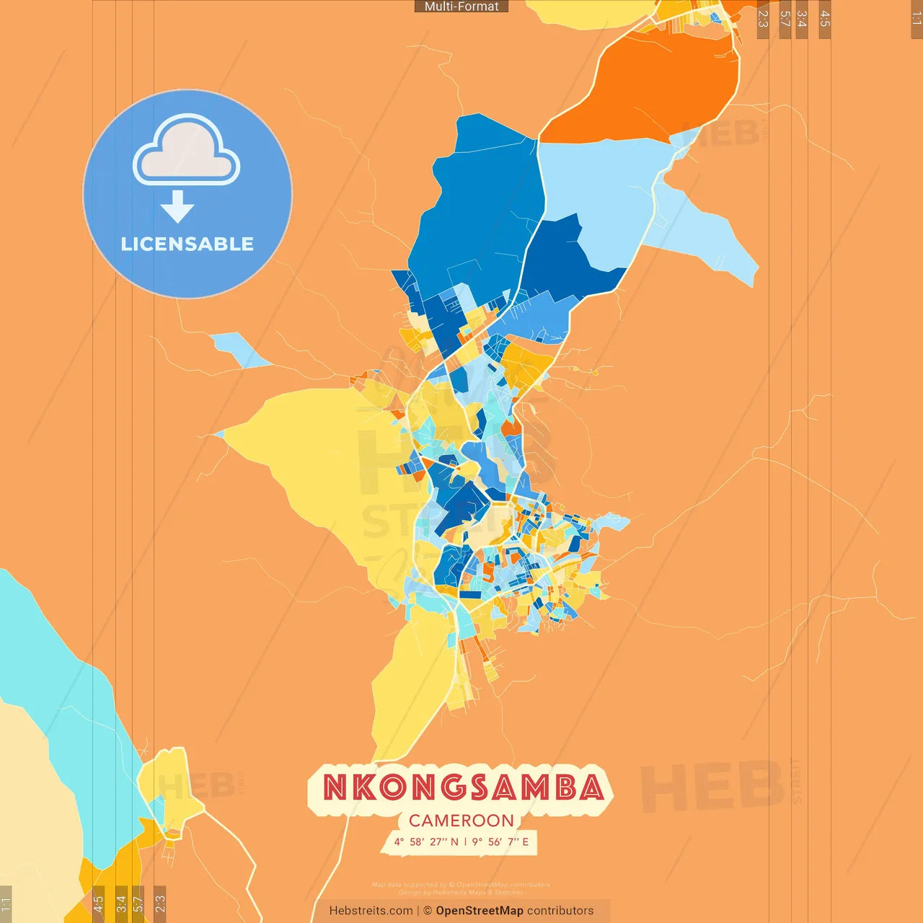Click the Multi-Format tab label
pos(461,6)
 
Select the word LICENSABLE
pos(187,244)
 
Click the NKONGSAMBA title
pos(462,787)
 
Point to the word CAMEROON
pos(461,821)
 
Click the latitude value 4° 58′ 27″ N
pos(426,842)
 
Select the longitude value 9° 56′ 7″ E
pos(500,842)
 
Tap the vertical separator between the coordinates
pos(465,842)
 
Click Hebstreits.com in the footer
pos(371,911)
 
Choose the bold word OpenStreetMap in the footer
pos(480,911)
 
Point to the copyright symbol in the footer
pos(428,911)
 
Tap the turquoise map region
pos(58,671)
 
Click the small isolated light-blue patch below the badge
pos(238,350)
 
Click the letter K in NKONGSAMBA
pos(353,787)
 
